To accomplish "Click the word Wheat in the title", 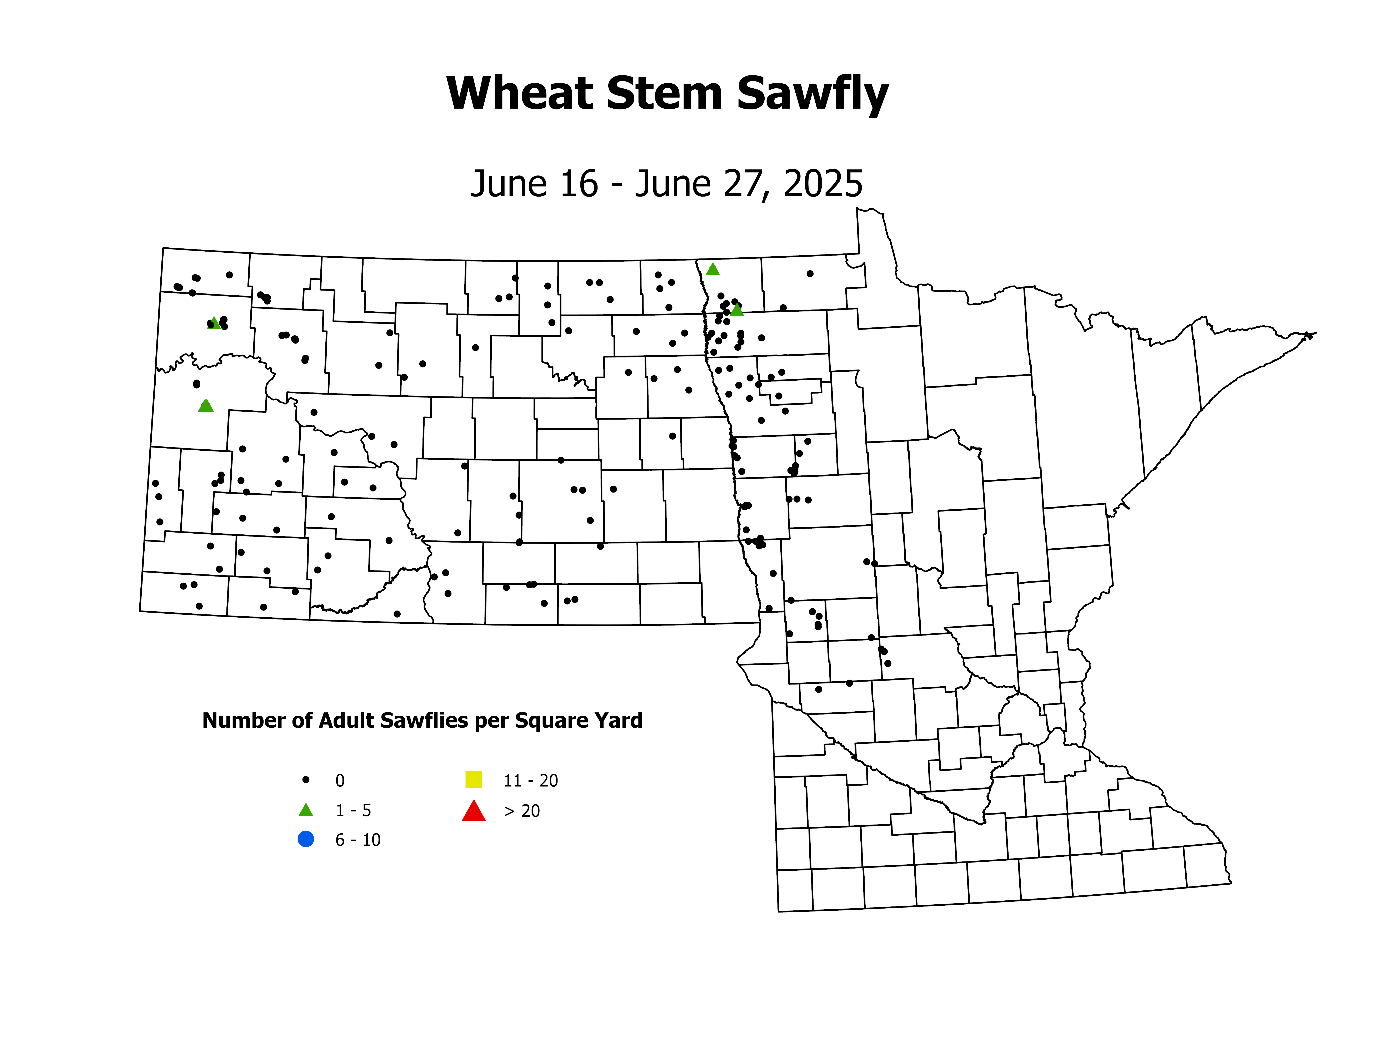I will tap(519, 93).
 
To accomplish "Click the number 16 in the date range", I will tap(578, 184).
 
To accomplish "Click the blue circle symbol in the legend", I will tap(306, 839).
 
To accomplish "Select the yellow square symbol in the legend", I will tap(474, 780).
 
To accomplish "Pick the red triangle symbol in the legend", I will tap(474, 811).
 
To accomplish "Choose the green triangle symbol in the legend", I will tap(306, 810).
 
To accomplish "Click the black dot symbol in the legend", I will tap(306, 780).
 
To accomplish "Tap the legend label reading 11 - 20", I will tap(531, 781).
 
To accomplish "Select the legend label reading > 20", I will tap(522, 811).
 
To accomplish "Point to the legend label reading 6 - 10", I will tap(357, 840).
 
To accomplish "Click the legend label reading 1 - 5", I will tap(353, 810).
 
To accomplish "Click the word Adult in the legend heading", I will tap(346, 720).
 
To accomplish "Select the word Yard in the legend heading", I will tap(620, 720).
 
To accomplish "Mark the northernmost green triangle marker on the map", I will tap(713, 270).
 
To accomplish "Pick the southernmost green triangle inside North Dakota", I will tap(206, 406).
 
